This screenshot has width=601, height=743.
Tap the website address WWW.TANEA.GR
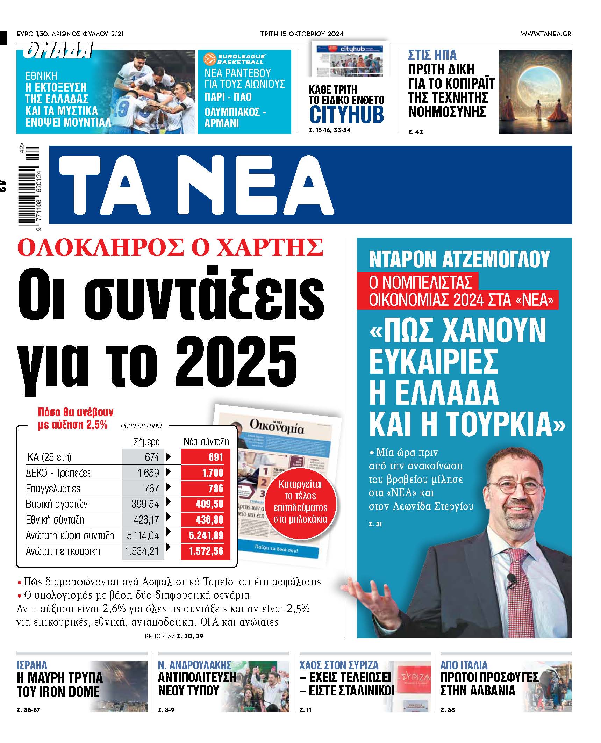546,34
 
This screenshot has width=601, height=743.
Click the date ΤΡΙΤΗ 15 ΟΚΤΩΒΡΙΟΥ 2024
302,34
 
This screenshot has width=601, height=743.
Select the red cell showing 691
205,457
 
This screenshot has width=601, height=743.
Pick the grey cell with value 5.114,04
143,535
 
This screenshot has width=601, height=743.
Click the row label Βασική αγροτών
57,504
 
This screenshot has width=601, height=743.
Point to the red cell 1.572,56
205,551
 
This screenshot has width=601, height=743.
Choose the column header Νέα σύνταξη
206,442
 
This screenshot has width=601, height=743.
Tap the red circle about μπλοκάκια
300,502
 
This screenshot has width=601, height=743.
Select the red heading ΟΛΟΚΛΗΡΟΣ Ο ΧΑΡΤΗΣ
170,247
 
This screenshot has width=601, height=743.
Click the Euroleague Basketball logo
234,59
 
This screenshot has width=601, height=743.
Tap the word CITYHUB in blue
346,114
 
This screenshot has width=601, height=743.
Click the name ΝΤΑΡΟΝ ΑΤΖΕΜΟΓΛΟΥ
459,259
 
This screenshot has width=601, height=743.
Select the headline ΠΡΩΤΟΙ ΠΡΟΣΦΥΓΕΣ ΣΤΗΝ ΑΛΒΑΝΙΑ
489,684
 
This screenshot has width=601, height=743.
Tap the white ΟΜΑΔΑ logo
58,51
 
